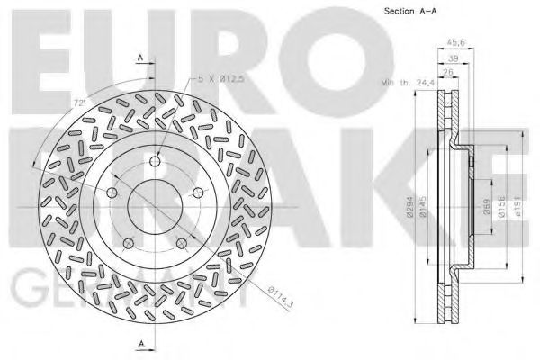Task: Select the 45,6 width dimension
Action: (456, 40)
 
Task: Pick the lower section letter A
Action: (141, 343)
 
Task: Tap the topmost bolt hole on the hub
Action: (155, 161)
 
